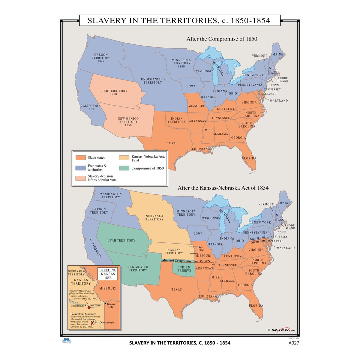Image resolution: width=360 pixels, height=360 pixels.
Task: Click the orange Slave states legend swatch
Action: click(81, 157)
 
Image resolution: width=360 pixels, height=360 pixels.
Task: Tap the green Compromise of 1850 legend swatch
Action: click(124, 168)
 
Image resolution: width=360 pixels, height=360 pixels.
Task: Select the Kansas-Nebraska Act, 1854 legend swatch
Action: click(124, 158)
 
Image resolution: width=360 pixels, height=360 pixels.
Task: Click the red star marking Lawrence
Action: click(89, 307)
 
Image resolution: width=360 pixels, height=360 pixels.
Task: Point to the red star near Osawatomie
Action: click(92, 323)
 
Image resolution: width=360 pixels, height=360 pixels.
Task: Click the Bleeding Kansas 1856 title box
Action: click(108, 274)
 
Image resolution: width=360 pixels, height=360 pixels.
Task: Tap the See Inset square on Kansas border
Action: click(194, 250)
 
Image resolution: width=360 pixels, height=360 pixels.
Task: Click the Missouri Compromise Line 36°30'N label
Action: click(186, 261)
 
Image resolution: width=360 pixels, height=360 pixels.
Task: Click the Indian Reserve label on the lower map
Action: click(184, 269)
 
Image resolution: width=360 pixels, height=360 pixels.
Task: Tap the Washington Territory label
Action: click(111, 196)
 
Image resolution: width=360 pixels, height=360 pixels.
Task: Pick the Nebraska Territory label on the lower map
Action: click(154, 217)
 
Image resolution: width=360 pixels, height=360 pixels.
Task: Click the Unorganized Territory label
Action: click(153, 81)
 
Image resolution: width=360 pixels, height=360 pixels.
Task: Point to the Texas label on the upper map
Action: click(172, 143)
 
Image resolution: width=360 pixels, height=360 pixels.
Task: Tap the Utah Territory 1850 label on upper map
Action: click(113, 92)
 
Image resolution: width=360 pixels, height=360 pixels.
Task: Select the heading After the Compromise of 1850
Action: click(222, 39)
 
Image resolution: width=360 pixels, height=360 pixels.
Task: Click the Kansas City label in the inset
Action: click(111, 305)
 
